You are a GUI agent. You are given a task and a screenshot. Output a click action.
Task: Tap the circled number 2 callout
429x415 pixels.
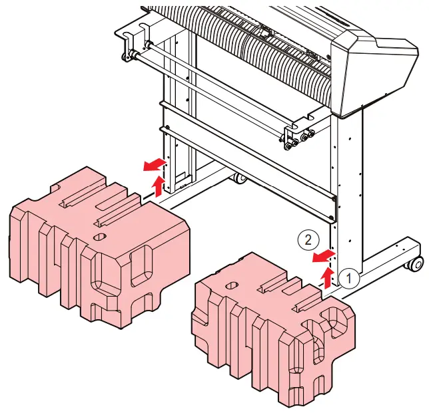304,238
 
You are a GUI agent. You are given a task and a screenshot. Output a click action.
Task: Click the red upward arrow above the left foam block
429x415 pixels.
158,186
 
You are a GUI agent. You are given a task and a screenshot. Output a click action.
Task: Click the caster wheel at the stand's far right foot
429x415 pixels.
415,264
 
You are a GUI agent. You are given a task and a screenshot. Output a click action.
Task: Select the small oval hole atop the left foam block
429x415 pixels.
100,236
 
